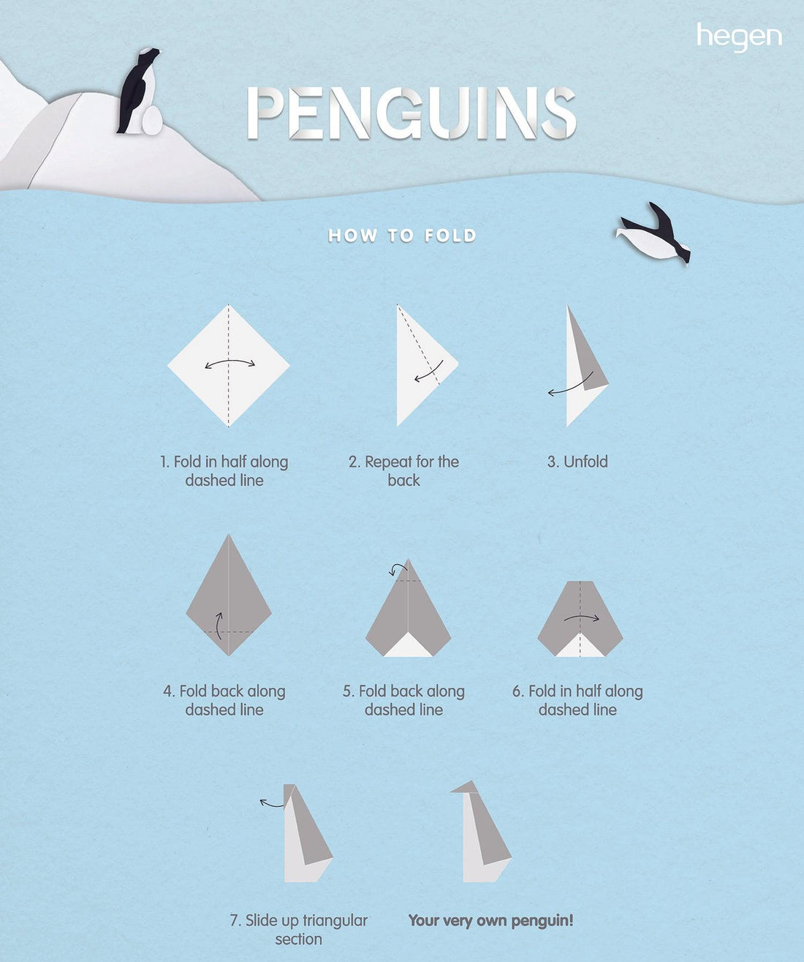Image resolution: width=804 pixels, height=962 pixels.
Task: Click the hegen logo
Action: coord(739,37)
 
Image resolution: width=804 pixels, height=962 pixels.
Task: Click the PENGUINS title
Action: coord(412,113)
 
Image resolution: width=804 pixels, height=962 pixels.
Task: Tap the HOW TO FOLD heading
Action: coord(401,236)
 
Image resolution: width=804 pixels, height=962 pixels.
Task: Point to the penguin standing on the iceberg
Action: coord(137,90)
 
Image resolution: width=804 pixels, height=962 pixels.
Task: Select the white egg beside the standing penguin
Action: coord(152,120)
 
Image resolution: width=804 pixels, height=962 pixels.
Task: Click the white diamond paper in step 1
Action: coord(228,365)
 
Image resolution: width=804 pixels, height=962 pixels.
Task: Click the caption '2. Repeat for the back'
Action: coord(404,470)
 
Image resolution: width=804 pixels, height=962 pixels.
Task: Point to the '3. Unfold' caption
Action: coord(577,461)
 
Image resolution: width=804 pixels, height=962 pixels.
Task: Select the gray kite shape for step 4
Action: coord(229,595)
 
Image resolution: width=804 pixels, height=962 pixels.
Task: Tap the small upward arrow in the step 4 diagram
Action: coord(219,625)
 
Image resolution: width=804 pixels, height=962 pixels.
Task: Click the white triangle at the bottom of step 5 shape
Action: coord(408,646)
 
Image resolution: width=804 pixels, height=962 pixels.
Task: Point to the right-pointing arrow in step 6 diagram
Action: coord(582,617)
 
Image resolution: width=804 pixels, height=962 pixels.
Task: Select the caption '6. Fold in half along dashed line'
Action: coord(577,700)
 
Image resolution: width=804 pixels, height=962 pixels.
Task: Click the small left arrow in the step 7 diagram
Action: coord(272,804)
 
